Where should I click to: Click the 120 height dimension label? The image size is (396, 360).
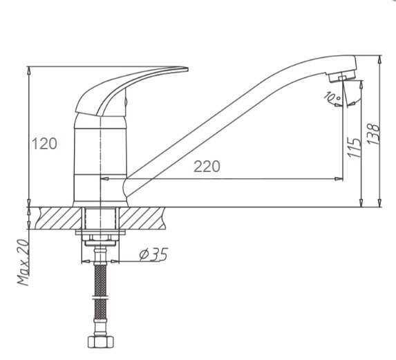coord(44,144)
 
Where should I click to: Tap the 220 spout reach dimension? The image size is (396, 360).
coord(207,167)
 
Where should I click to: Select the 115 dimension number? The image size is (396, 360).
coord(354,148)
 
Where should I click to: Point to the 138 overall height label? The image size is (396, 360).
coord(374,134)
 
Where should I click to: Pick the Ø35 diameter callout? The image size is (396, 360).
coord(153,254)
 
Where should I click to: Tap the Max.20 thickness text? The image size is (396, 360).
coord(23,262)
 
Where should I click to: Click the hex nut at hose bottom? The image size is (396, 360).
coord(101,342)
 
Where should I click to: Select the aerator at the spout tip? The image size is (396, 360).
coord(342,76)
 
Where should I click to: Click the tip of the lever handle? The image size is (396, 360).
coord(188,69)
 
